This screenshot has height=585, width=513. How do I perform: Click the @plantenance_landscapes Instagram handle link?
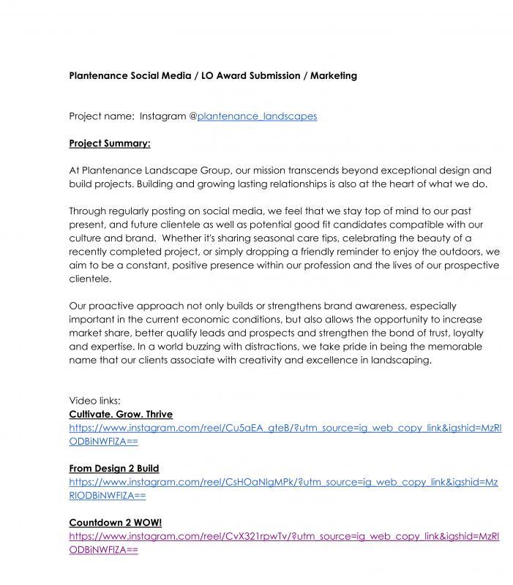[256, 116]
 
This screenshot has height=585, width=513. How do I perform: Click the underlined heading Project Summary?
[110, 143]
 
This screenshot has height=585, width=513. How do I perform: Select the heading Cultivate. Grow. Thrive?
[121, 415]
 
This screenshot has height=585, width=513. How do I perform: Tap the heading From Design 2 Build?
[113, 468]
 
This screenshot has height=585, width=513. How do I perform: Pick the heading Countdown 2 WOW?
[116, 522]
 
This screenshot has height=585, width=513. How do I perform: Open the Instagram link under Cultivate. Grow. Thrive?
[285, 428]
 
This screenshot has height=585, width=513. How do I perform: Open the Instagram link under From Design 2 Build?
[283, 482]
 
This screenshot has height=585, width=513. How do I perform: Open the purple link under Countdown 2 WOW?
[284, 536]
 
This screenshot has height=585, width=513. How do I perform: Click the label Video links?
[94, 401]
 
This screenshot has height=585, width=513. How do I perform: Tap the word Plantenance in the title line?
[100, 75]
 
